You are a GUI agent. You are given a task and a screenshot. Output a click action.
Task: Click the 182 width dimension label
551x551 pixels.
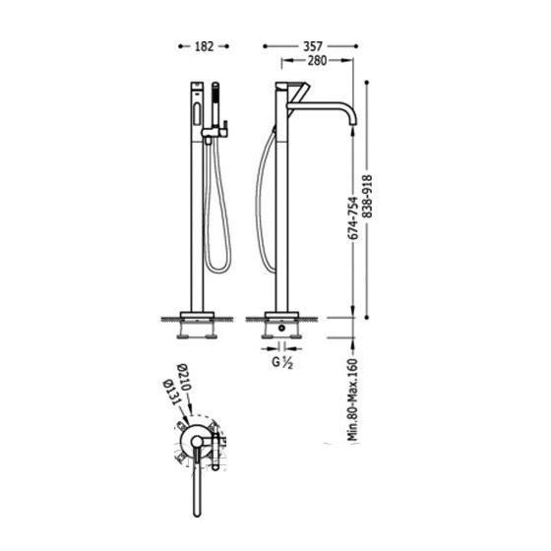point(204,46)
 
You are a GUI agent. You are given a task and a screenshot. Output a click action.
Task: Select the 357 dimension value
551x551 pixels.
point(313,46)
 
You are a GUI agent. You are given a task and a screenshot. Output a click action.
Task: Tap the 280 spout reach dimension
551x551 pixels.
point(317,60)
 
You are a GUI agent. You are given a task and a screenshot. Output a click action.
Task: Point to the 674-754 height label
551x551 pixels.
point(352,218)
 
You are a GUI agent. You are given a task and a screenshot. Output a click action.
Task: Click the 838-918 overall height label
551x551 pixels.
point(367,196)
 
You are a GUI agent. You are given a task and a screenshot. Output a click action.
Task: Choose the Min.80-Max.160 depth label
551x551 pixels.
point(352,399)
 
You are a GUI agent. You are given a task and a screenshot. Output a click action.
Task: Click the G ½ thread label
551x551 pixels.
point(282,362)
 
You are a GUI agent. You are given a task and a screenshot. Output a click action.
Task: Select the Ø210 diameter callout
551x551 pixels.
point(184,378)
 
